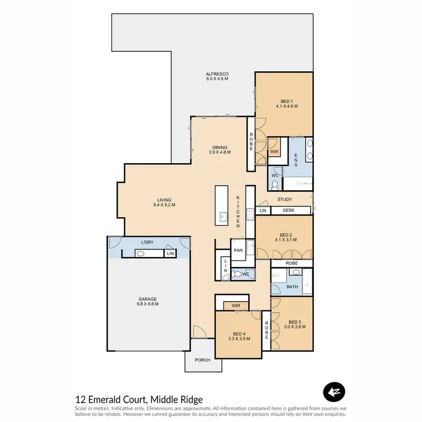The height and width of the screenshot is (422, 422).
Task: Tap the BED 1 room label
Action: click(x=286, y=101)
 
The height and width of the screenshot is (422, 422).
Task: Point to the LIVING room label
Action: click(x=164, y=200)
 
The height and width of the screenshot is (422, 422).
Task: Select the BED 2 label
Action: click(x=286, y=235)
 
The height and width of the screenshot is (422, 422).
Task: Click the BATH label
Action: click(x=291, y=286)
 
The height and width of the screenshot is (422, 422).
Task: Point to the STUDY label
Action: click(x=285, y=199)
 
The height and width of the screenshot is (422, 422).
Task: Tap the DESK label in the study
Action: click(x=289, y=210)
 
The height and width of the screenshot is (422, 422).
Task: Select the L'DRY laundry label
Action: click(x=148, y=243)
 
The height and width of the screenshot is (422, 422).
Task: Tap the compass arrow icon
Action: click(x=334, y=392)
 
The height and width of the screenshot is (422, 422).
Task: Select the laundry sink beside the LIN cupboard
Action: click(x=142, y=254)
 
